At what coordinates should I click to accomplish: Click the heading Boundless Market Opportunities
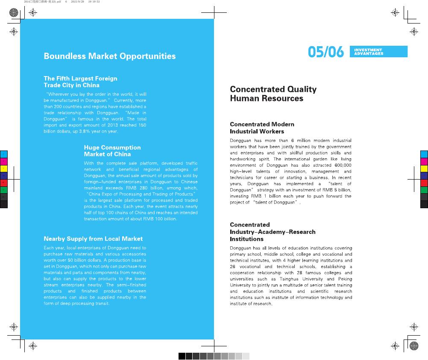[x=109, y=56]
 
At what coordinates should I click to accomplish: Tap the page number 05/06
[x=325, y=52]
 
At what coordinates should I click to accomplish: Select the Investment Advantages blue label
[x=378, y=52]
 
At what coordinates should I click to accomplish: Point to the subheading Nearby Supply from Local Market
[x=93, y=239]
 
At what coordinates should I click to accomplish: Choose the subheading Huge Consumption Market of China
[x=112, y=150]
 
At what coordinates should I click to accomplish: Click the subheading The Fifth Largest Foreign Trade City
[x=80, y=82]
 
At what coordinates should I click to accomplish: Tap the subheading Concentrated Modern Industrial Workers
[x=262, y=128]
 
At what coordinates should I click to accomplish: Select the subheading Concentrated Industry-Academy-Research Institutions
[x=273, y=232]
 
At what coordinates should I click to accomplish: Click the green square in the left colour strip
[x=4, y=189]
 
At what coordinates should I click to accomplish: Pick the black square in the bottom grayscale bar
[x=182, y=356]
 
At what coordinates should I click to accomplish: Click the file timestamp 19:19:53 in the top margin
[x=93, y=2]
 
